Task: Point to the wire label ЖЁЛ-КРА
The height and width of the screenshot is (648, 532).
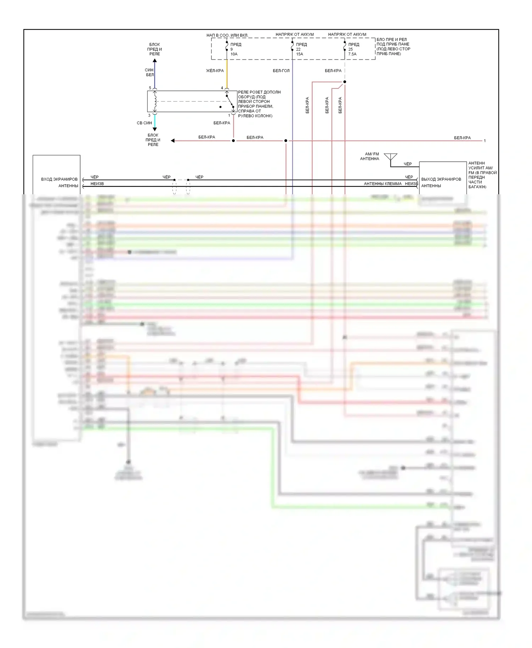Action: click(215, 71)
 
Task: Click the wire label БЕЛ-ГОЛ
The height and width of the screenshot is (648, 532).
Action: click(281, 71)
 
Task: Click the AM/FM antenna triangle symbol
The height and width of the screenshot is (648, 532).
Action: click(390, 157)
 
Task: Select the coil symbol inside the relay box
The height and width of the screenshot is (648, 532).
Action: click(155, 101)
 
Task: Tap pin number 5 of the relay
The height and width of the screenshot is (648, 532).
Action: click(150, 88)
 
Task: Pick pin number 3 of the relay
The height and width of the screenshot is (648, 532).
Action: click(149, 115)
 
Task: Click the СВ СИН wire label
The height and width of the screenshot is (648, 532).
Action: click(144, 123)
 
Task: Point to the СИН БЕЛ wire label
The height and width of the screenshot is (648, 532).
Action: click(149, 72)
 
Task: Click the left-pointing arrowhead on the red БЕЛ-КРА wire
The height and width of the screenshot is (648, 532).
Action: click(173, 141)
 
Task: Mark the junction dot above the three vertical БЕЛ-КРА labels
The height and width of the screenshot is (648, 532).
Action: click(345, 82)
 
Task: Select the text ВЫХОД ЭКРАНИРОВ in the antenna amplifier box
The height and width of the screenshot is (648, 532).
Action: click(441, 179)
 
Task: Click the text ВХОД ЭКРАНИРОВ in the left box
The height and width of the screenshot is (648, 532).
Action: click(59, 179)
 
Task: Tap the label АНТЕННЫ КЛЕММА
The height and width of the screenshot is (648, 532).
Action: click(383, 184)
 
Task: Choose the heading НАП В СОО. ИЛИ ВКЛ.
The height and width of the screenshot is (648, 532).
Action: click(227, 35)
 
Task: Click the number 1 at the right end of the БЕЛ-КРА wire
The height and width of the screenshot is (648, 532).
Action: click(485, 141)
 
